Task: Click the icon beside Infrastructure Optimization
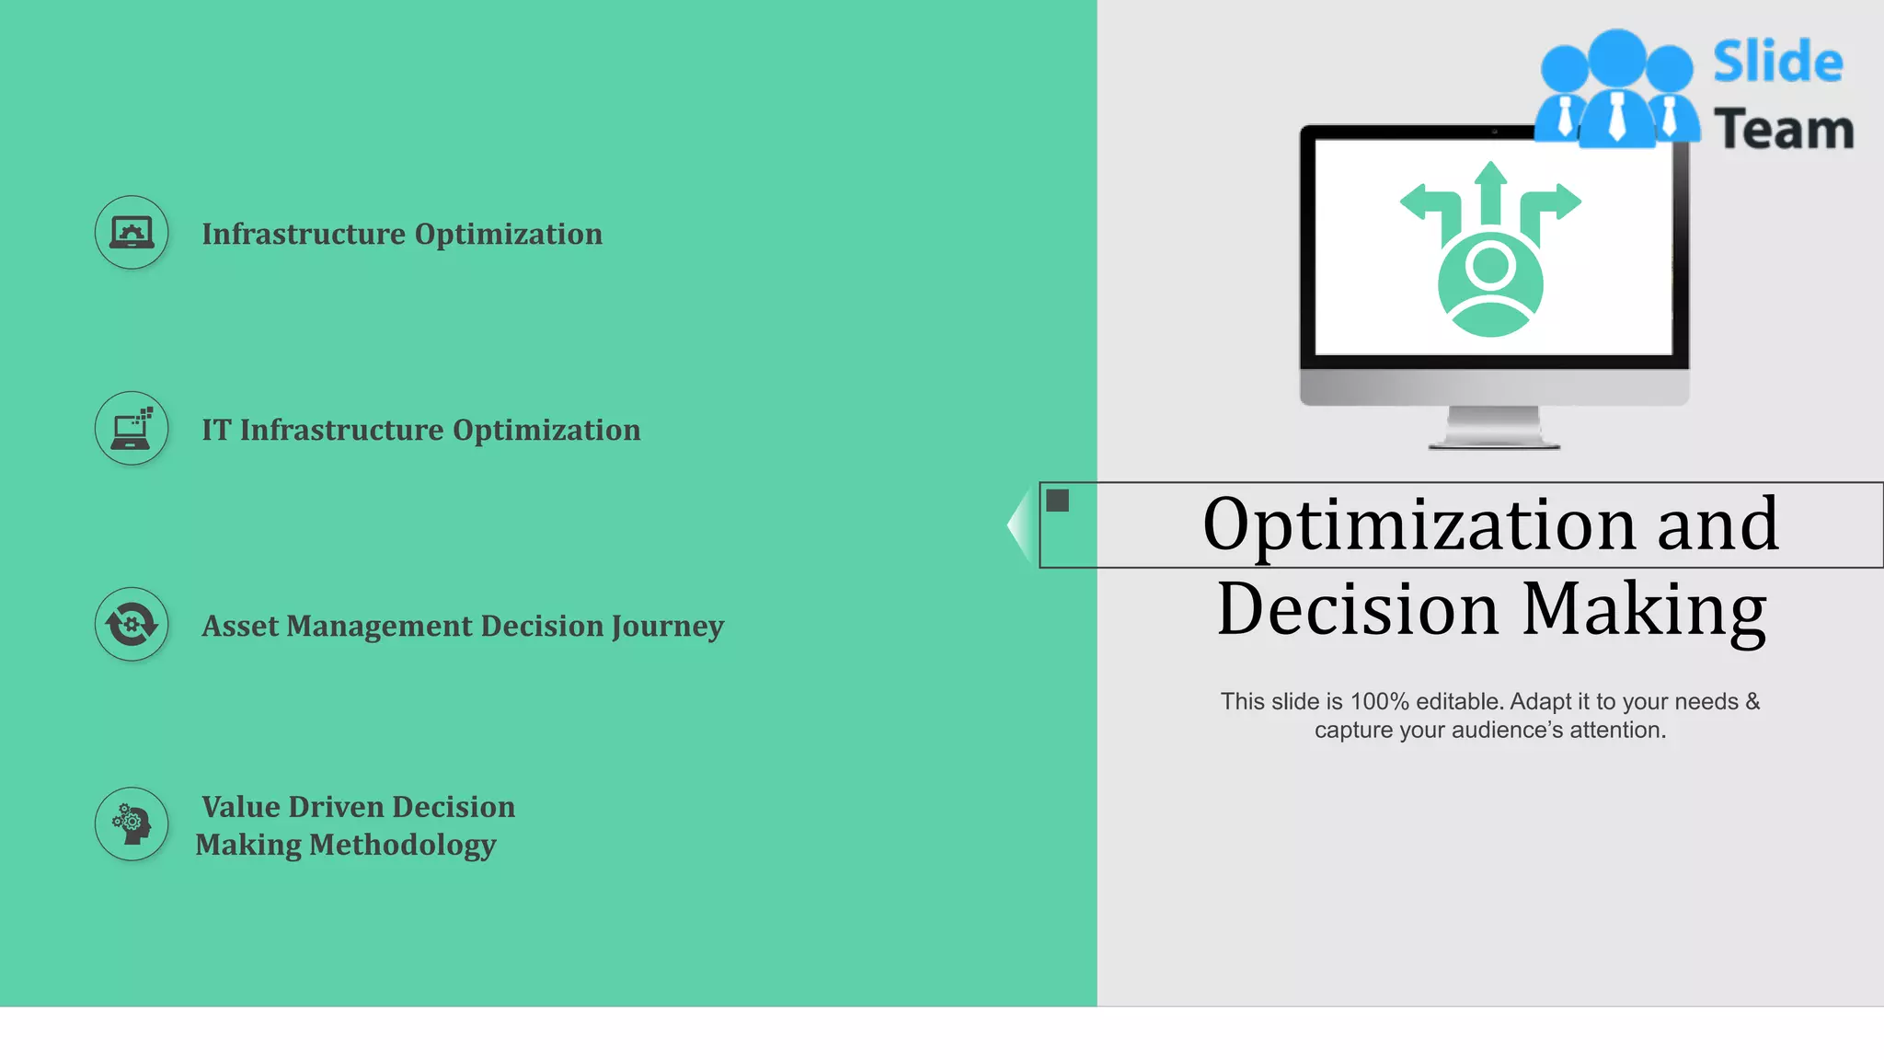click(132, 233)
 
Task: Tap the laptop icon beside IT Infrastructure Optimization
click(132, 429)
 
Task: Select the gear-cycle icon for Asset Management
click(132, 625)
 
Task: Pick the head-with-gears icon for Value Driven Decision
click(132, 824)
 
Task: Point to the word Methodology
click(403, 845)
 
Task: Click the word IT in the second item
click(216, 430)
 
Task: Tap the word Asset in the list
click(240, 626)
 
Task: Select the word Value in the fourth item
click(241, 807)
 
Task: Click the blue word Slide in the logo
click(1777, 62)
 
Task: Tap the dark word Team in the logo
click(1784, 129)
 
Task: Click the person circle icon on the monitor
click(1490, 284)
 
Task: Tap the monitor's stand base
click(1493, 442)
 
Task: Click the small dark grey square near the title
click(1058, 501)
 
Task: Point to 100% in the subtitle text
click(1379, 702)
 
